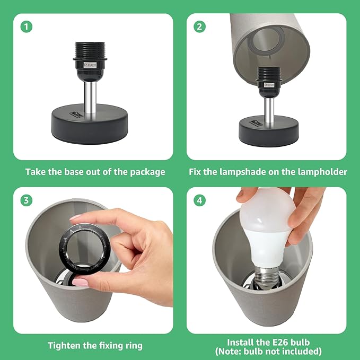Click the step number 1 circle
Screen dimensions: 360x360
pos(27,27)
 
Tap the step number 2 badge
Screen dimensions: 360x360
pos(199,27)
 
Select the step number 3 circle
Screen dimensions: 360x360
pos(27,200)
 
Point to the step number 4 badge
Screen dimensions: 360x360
pos(199,200)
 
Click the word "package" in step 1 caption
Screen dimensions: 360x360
pos(147,172)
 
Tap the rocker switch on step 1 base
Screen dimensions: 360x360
pos(75,113)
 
